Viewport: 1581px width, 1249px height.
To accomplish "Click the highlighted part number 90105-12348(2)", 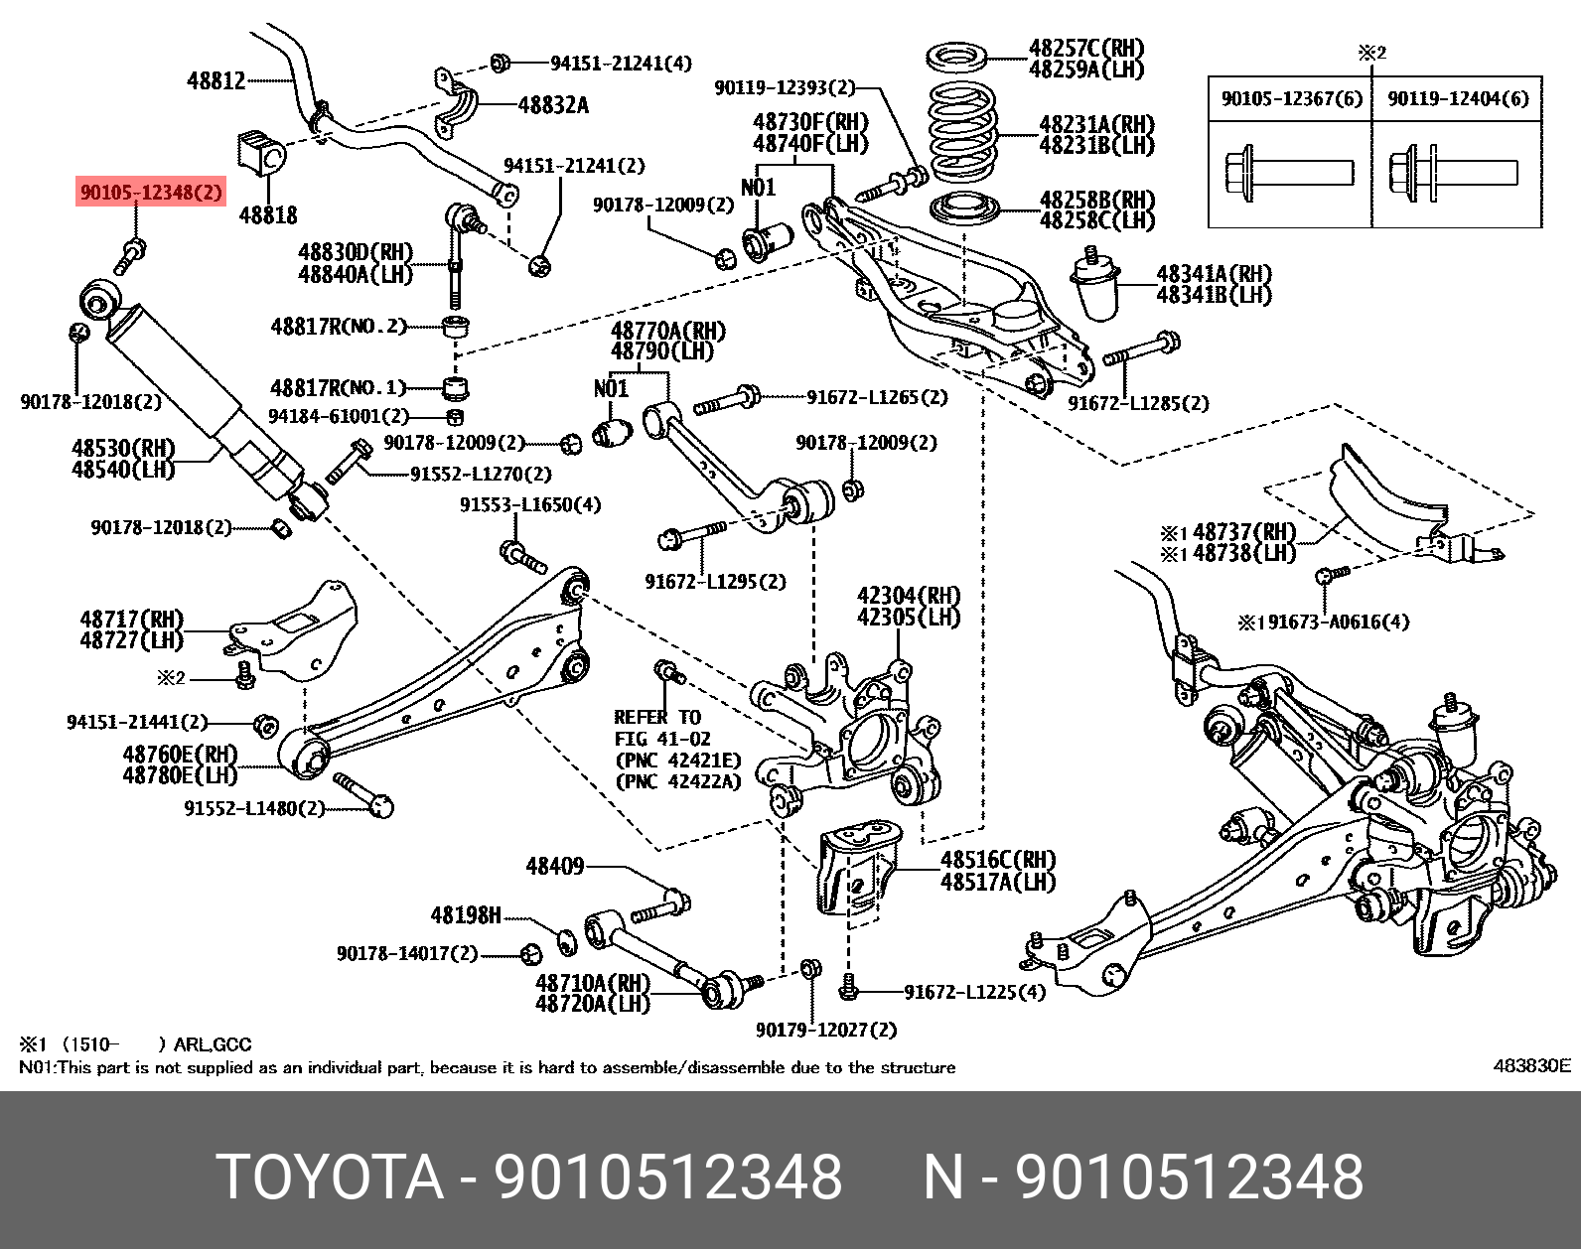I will click(x=152, y=192).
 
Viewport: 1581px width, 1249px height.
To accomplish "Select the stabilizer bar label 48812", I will click(x=216, y=79).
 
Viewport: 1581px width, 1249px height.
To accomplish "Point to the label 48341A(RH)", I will click(x=1213, y=274).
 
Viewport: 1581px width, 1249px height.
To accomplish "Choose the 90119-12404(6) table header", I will click(x=1457, y=98).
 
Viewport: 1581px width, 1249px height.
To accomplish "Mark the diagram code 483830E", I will click(x=1531, y=1066).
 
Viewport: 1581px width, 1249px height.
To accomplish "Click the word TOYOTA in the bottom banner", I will click(x=330, y=1178).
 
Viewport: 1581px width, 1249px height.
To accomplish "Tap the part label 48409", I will click(x=554, y=867).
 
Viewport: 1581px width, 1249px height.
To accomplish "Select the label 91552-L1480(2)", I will click(x=254, y=808).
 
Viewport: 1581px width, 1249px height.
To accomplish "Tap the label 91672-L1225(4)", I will click(x=974, y=991).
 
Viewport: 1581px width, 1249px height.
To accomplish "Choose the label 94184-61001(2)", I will click(x=340, y=416).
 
